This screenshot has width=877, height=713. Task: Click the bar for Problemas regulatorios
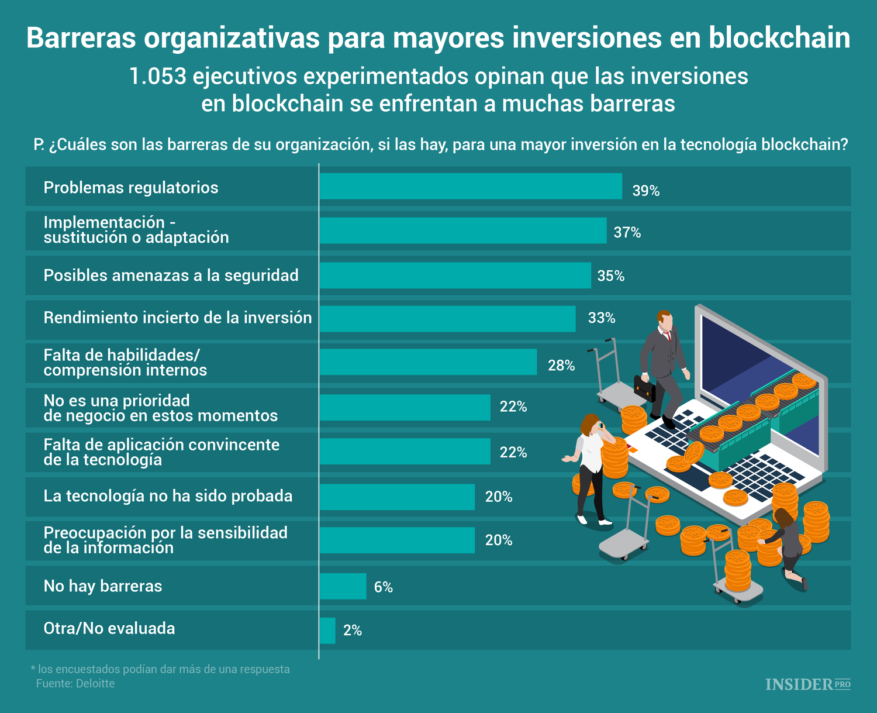pos(471,186)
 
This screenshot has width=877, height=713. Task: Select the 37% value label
pos(627,233)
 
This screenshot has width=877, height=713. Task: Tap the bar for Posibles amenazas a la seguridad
pos(455,275)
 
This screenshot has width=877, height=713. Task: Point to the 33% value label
pos(602,318)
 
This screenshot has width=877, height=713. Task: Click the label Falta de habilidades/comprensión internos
pos(125,363)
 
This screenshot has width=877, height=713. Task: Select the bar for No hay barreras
pos(343,586)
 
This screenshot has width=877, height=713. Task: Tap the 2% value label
pos(353,631)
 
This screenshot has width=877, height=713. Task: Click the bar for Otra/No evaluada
pos(327,631)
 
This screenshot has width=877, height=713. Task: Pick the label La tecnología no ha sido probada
pos(168,496)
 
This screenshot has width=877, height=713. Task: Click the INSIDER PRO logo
pos(807,684)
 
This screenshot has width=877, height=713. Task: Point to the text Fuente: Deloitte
pos(75,684)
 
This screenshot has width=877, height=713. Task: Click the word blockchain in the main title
pos(779,38)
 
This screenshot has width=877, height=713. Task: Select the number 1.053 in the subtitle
pos(157,77)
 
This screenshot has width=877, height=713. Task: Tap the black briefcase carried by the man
pos(645,388)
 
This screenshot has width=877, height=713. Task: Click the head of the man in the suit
pos(664,321)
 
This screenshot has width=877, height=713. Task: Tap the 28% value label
pos(561,366)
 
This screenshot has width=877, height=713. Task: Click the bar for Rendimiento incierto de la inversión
pos(447,319)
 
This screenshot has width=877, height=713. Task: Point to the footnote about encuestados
pos(160,669)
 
